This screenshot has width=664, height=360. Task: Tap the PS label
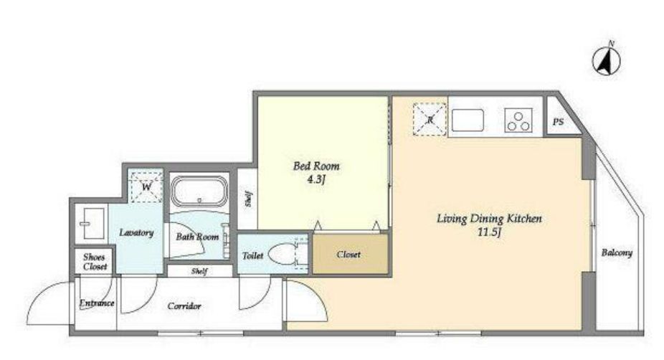point(558,122)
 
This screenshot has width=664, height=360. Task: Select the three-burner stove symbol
point(518,120)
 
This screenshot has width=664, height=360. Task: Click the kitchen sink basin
point(468,120)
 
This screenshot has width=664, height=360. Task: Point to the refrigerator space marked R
point(430,120)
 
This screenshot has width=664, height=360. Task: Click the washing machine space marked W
point(146,186)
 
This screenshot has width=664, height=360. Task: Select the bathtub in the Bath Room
point(199,192)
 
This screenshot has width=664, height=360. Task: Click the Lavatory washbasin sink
point(92,223)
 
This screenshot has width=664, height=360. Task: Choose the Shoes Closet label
point(95,262)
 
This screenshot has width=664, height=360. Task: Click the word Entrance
point(97,303)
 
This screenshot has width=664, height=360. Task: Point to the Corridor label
point(184,305)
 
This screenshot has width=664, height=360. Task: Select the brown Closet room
point(350,254)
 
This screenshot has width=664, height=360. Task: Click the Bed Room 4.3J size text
point(316,179)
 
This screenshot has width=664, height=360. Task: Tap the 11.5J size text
point(489,232)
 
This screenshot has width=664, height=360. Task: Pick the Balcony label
point(617,253)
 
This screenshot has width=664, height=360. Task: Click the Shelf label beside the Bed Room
point(248,199)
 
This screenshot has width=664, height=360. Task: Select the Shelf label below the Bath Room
point(199,271)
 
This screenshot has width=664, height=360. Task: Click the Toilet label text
point(253,255)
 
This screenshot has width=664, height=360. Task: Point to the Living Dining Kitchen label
point(489,219)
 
